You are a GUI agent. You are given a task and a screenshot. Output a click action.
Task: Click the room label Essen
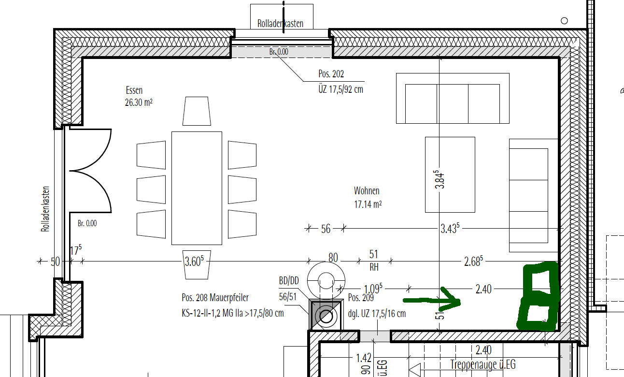point(134,90)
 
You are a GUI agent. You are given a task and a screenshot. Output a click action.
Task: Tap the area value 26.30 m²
point(139,102)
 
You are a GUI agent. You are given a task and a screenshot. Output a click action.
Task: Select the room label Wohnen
point(367,191)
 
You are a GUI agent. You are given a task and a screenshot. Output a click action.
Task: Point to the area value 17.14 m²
point(368,204)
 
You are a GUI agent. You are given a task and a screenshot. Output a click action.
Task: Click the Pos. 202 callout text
point(331,74)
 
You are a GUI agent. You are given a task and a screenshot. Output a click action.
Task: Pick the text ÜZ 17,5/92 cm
point(341,89)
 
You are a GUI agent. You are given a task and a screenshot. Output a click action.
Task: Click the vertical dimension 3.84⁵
point(440,180)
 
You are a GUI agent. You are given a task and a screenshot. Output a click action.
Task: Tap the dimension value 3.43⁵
point(450,228)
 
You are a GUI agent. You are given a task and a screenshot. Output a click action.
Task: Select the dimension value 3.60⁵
point(194,261)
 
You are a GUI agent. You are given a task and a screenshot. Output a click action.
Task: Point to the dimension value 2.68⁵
point(473,261)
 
